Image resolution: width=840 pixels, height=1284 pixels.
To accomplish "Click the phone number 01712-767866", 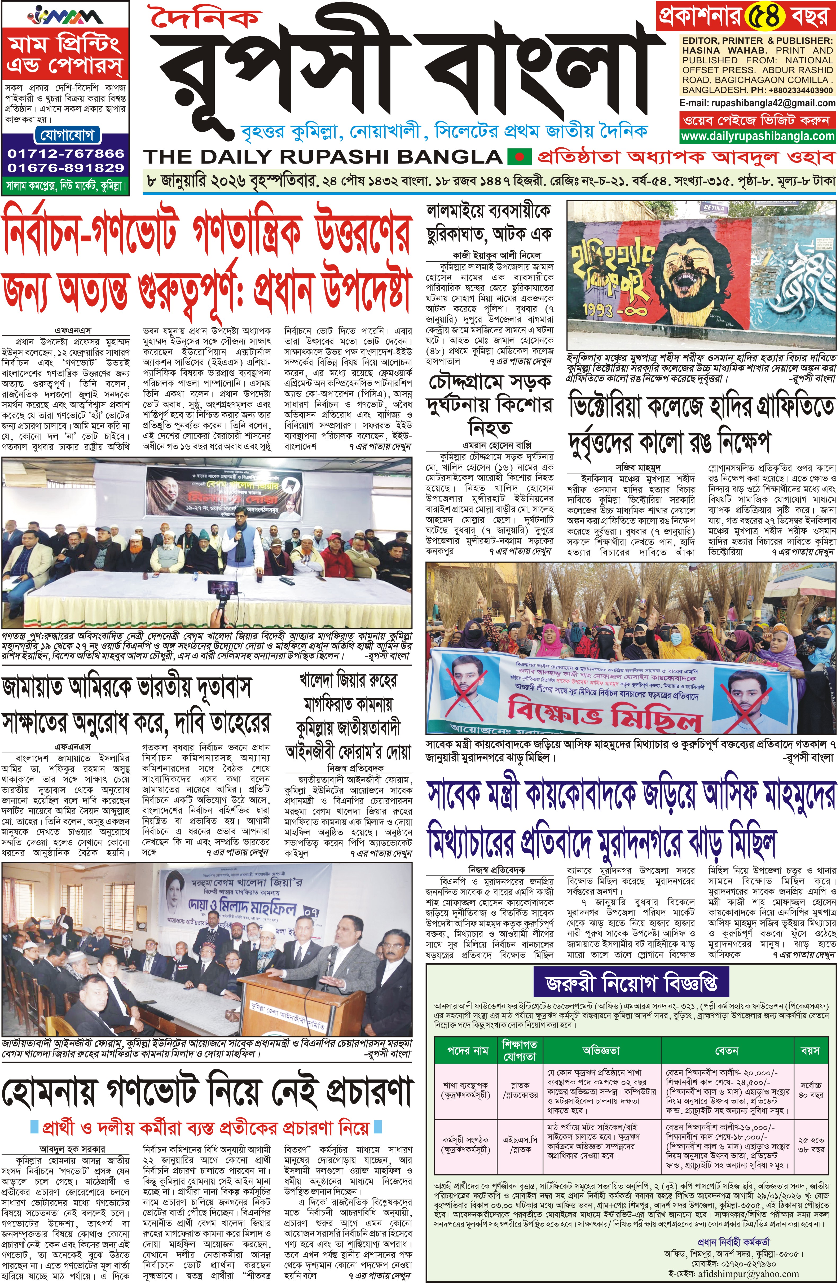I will tap(66, 153).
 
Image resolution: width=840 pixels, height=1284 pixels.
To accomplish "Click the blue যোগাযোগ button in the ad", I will tap(66, 134).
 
